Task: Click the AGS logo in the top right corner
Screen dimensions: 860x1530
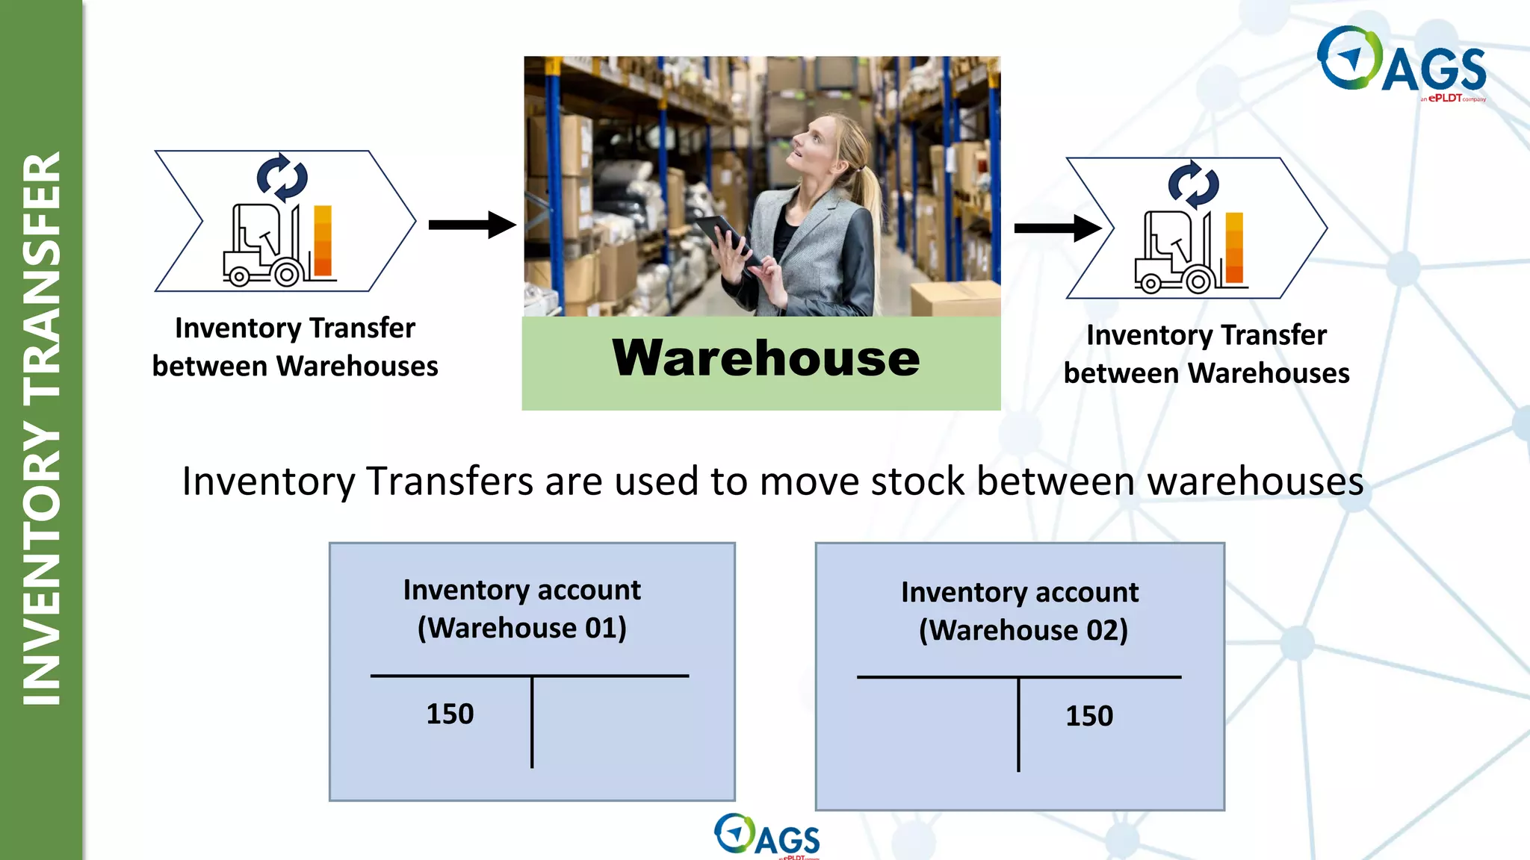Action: [x=1402, y=63]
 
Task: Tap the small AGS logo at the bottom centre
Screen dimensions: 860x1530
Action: [x=767, y=836]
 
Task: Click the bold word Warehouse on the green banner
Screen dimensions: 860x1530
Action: [x=766, y=358]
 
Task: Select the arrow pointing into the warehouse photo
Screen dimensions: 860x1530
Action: [x=472, y=224]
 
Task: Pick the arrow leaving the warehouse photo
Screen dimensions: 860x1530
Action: [x=1057, y=228]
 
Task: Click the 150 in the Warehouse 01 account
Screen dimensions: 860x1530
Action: [x=450, y=714]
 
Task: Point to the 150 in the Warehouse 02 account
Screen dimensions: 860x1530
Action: [x=1089, y=717]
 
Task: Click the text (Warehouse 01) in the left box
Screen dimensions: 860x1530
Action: [x=521, y=628]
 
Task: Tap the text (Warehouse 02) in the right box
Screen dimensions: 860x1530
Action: [x=1023, y=630]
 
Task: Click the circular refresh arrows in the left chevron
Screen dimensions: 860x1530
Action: [x=282, y=178]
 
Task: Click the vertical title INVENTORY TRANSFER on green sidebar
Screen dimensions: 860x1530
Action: [x=42, y=429]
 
